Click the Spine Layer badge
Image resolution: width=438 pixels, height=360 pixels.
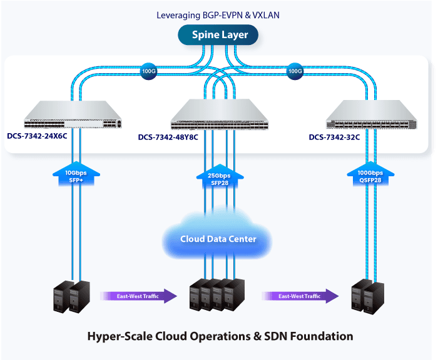(x=219, y=34)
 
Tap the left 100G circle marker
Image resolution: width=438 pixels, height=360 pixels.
(x=148, y=71)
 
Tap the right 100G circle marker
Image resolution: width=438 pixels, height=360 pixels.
(x=295, y=71)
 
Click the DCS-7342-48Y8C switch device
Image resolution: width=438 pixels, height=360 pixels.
(x=218, y=114)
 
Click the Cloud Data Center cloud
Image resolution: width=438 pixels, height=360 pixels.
(x=218, y=238)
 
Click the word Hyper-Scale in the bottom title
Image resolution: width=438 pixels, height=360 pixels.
(x=117, y=337)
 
